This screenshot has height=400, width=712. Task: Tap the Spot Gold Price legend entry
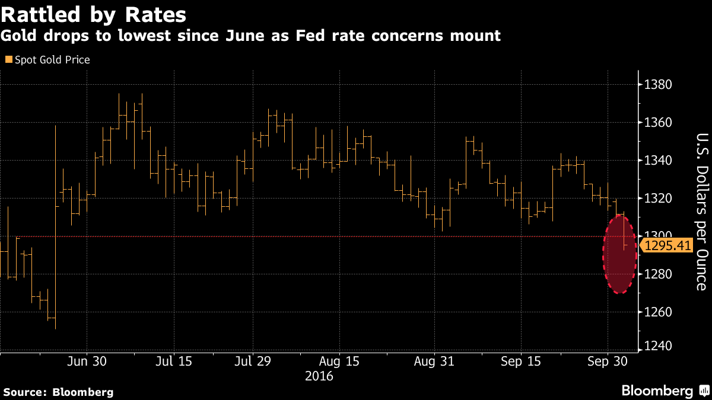point(47,60)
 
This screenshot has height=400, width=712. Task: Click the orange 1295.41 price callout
point(667,245)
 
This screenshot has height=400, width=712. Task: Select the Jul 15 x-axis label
point(174,361)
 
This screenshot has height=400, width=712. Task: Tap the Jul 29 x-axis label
point(253,361)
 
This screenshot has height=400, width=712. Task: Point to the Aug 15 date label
point(339,361)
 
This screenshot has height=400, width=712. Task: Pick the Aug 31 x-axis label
point(434,361)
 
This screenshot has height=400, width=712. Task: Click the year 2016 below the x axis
point(319,376)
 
